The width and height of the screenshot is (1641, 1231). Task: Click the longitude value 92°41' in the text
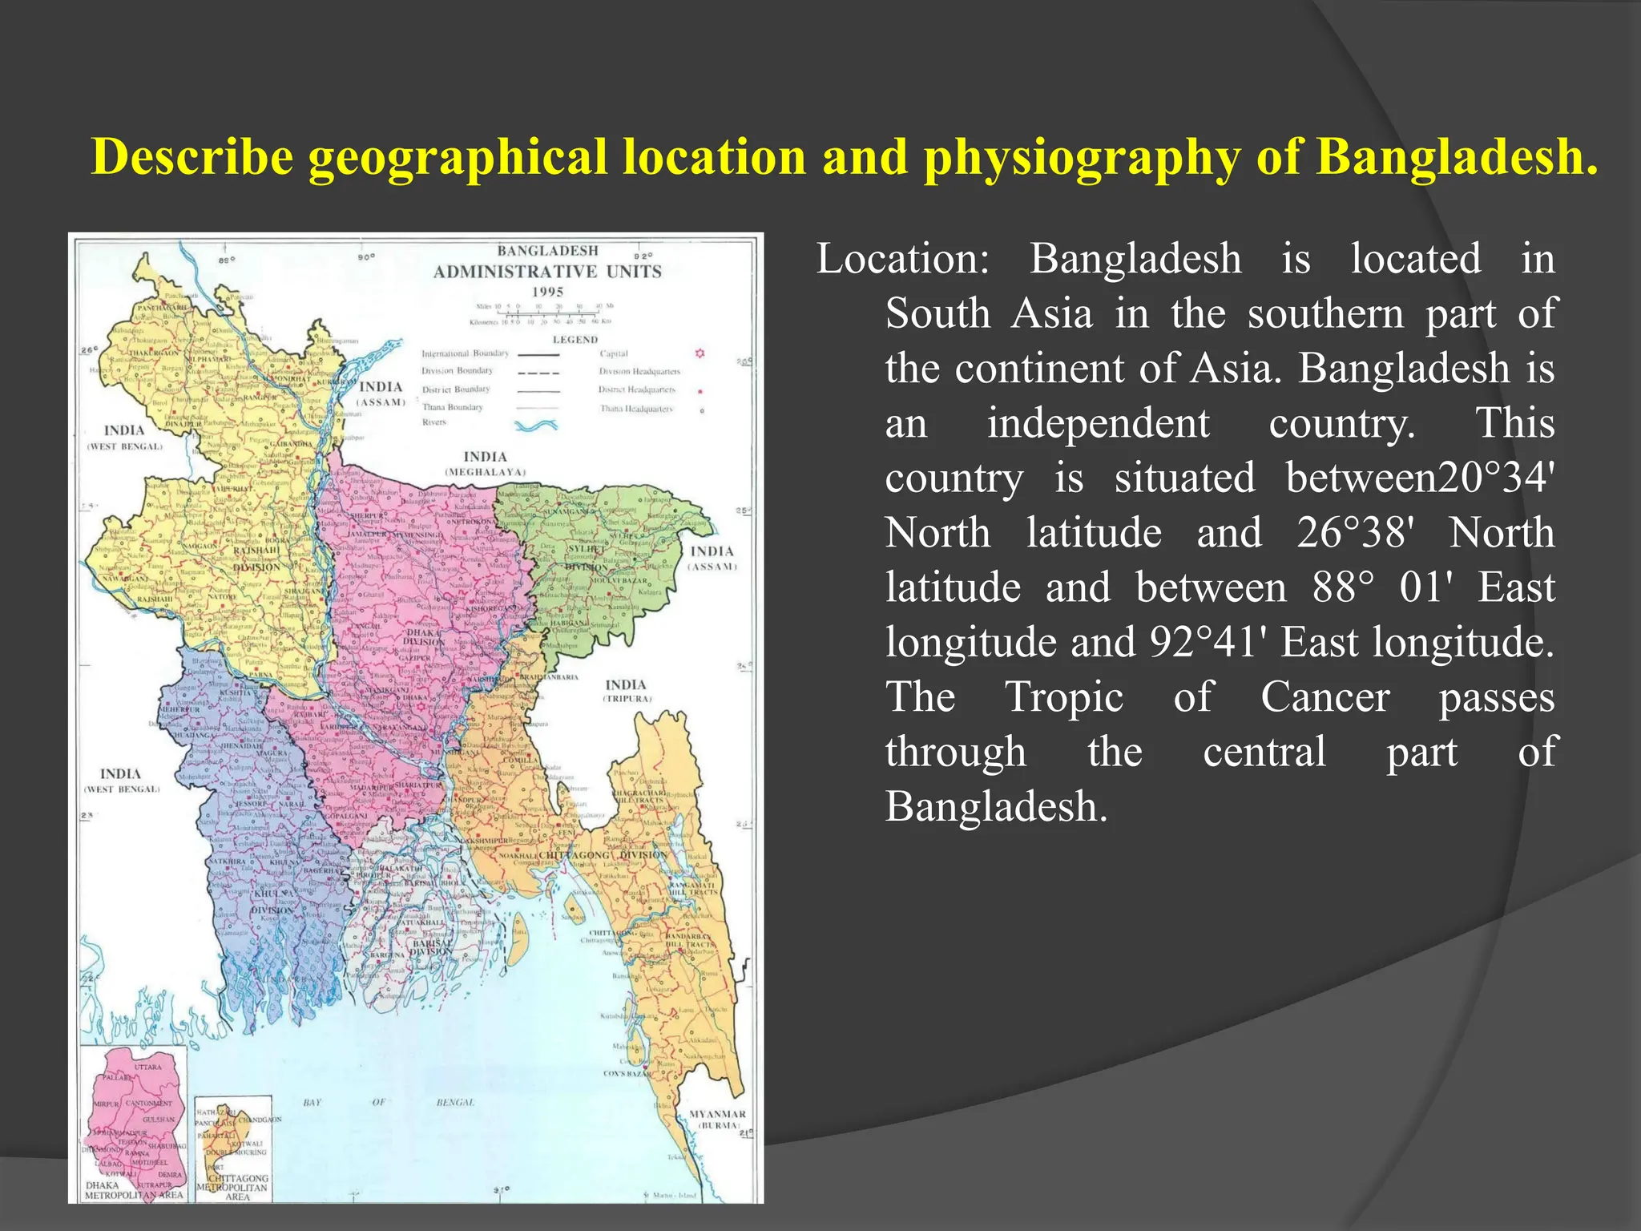1209,642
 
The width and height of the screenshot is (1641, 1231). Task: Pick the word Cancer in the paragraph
1325,696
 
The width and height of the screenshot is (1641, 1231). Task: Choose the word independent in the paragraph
1098,423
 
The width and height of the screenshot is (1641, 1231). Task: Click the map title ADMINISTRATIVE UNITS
547,272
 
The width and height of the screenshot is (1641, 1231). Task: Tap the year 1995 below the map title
547,292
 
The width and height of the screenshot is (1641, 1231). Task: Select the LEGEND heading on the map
575,340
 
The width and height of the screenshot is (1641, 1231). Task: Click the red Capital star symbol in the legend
700,353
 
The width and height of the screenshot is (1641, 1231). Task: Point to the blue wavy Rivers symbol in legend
536,425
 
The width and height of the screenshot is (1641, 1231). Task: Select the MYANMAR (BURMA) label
717,1119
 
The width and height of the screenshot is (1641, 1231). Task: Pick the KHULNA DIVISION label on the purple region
274,902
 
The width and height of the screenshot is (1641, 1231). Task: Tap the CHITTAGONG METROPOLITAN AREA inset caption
235,1187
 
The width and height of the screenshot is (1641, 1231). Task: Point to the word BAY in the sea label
312,1103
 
